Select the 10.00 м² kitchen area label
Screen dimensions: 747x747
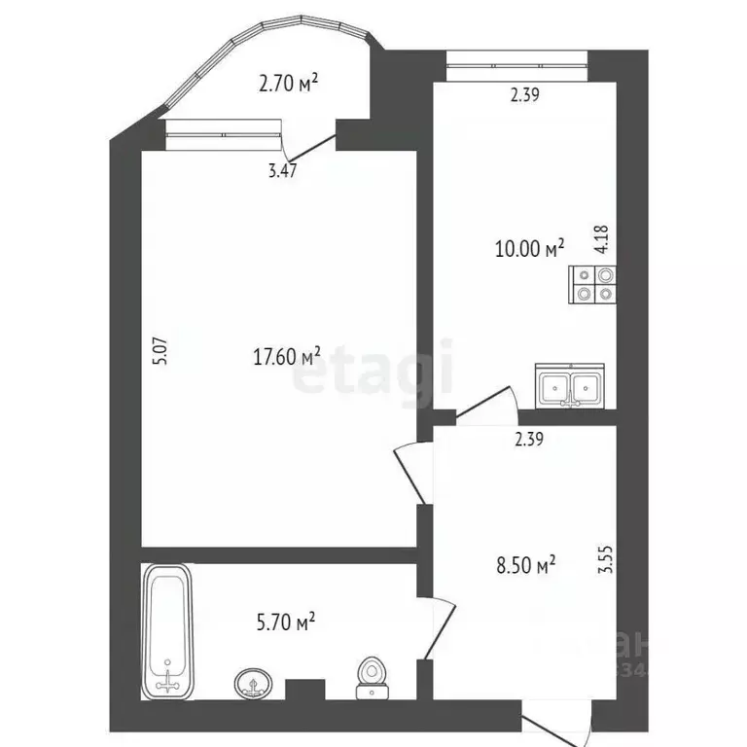pos(530,249)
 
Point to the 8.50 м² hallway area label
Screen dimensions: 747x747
pos(525,564)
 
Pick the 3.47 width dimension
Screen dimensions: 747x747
pos(282,171)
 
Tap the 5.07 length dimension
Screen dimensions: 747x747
pos(161,350)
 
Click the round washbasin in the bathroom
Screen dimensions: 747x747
pos(255,685)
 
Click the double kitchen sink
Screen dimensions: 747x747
pos(571,386)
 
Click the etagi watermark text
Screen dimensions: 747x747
pos(373,371)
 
